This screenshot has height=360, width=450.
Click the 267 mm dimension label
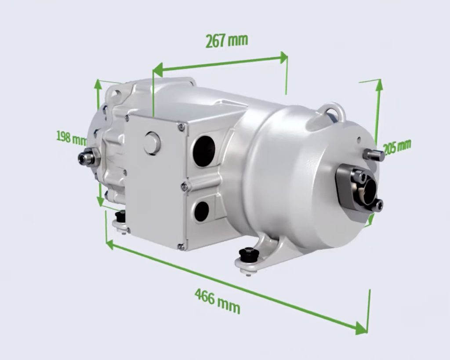click(x=226, y=40)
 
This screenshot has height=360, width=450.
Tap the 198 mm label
click(x=71, y=137)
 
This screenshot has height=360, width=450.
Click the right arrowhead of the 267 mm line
click(x=283, y=57)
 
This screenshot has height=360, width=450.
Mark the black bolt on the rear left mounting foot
click(x=120, y=217)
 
